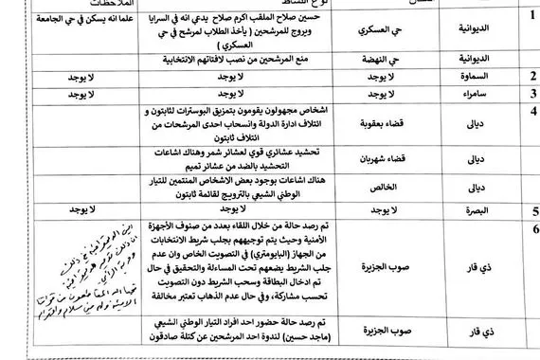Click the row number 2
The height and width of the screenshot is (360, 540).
tap(533, 73)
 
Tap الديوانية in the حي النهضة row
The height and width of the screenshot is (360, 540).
tap(477, 57)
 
